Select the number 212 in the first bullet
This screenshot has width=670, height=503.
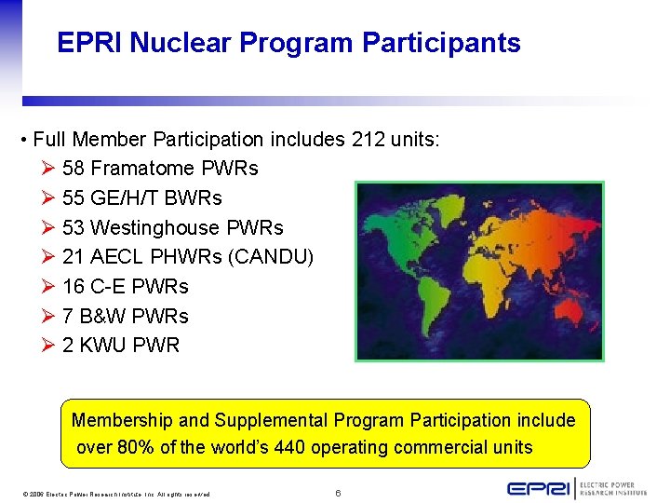tap(369, 140)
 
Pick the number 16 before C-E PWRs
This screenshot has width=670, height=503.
tap(73, 286)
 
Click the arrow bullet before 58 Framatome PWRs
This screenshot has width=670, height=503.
tap(48, 169)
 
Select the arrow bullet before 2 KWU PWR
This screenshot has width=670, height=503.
tap(48, 345)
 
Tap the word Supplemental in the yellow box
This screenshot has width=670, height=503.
tap(271, 420)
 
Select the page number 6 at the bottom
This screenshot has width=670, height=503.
tap(338, 492)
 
